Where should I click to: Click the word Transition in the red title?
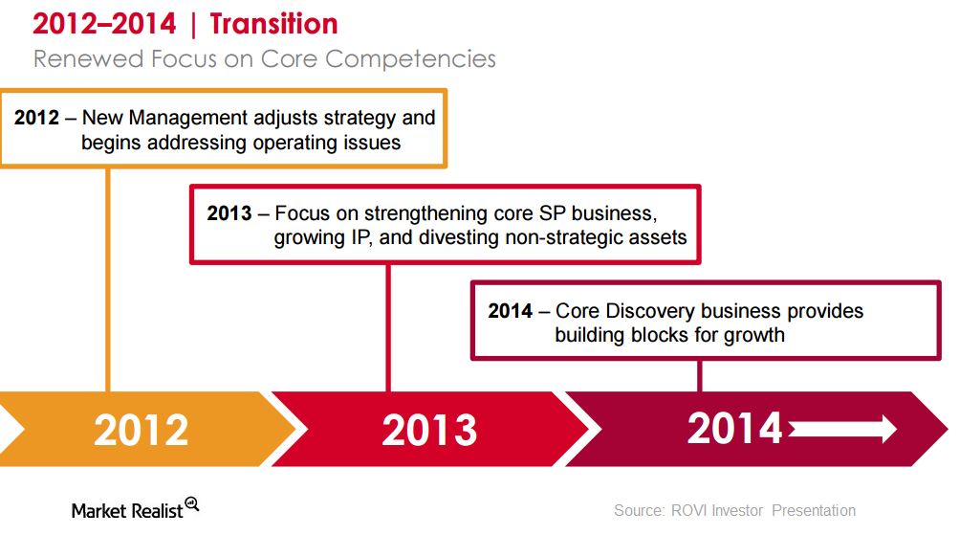pos(273,24)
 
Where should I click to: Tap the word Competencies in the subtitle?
pos(410,59)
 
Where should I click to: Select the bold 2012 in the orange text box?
pos(36,118)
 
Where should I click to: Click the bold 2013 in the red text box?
pos(229,213)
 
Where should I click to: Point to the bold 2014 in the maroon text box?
pos(510,311)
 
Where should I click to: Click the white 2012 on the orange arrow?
pos(142,430)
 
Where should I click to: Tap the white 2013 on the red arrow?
pos(429,430)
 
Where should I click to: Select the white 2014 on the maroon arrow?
pos(734,428)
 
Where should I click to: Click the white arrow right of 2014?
pos(842,429)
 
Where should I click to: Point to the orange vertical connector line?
pos(108,279)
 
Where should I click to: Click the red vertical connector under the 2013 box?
pos(388,328)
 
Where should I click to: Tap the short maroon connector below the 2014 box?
pos(700,376)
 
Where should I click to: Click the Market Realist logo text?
pos(127,510)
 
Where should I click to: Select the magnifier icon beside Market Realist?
pos(192,504)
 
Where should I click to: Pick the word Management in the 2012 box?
pos(188,118)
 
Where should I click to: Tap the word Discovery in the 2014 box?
pos(648,311)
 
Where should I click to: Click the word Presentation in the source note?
pos(814,510)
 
